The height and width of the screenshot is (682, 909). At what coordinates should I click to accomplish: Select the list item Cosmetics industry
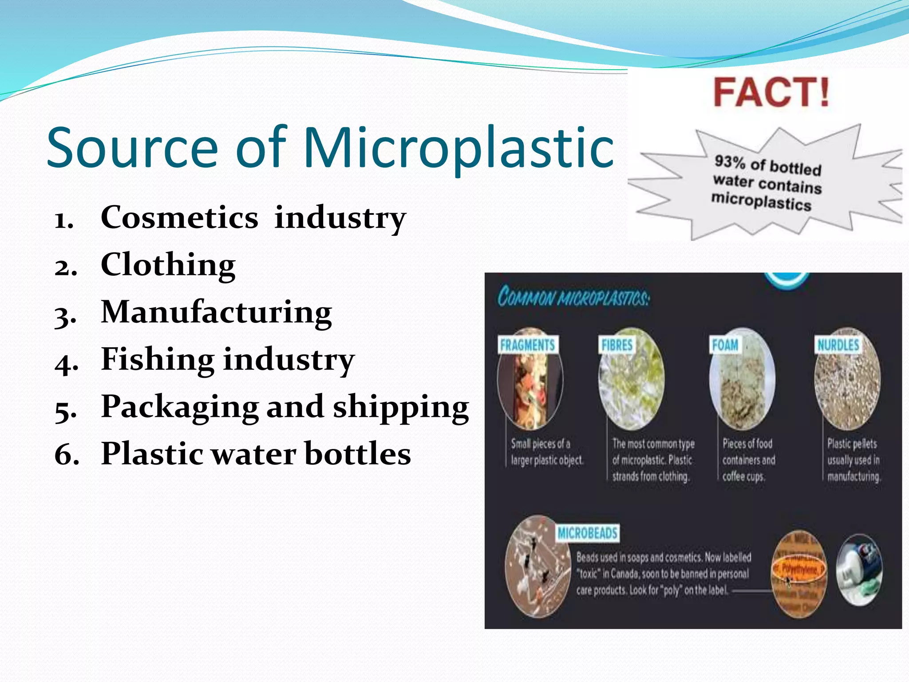click(253, 218)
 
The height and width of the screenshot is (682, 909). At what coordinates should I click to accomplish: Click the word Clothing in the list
click(168, 265)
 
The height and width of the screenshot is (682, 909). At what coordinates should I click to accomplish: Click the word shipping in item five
click(400, 407)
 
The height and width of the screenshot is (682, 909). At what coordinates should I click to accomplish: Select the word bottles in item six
click(358, 454)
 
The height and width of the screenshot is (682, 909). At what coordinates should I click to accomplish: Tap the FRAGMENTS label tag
click(527, 345)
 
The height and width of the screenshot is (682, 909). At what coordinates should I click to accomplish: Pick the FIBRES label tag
click(617, 345)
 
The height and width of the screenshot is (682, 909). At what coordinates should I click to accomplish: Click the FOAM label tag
click(725, 345)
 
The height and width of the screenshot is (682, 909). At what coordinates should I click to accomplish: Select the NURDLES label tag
click(838, 345)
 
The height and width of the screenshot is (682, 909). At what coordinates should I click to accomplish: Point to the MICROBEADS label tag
click(587, 533)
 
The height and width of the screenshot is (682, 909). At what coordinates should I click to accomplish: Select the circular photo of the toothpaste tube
click(859, 571)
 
